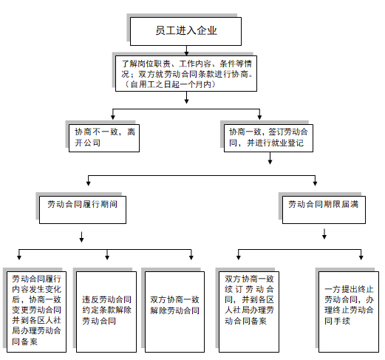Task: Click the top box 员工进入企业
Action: [185, 31]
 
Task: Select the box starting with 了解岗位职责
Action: [186, 74]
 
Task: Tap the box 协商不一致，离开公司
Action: [104, 138]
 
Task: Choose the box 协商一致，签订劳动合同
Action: [268, 138]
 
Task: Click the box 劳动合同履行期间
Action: [83, 210]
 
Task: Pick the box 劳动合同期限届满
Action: [324, 210]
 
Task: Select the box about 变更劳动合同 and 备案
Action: [36, 312]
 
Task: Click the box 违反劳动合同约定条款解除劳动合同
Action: [106, 312]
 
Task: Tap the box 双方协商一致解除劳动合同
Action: [174, 312]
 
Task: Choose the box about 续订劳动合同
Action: [249, 312]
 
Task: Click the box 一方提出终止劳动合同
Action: [349, 312]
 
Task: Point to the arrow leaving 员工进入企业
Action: [186, 50]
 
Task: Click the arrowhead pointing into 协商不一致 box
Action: [113, 118]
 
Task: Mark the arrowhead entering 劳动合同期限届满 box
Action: [315, 183]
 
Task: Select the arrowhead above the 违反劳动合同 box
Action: [107, 257]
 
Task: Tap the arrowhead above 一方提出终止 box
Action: [361, 257]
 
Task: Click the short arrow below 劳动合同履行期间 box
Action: [81, 237]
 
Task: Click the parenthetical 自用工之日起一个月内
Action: [169, 84]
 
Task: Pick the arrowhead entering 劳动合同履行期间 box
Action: [88, 183]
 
